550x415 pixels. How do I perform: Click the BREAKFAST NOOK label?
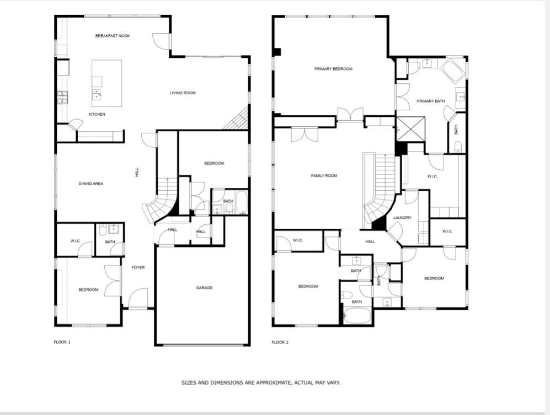[113, 36]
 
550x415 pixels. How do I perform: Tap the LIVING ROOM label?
[183, 93]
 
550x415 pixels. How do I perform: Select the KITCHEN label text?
[97, 115]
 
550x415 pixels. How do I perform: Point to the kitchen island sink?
[97, 94]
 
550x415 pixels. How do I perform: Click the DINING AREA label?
[91, 184]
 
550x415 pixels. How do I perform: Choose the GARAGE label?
[204, 288]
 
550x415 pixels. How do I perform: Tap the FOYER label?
[138, 268]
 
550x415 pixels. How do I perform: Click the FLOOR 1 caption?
[62, 342]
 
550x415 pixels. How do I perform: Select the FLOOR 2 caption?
[280, 342]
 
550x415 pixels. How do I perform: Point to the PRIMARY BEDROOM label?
[333, 69]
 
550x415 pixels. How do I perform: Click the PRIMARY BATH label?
[430, 101]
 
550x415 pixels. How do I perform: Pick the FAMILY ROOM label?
[324, 176]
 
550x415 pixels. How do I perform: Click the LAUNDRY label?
[402, 218]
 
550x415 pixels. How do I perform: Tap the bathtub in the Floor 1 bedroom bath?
[242, 203]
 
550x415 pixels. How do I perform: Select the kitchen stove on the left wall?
[62, 98]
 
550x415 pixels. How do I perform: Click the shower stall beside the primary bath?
[410, 129]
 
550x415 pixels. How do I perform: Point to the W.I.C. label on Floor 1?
[76, 241]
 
